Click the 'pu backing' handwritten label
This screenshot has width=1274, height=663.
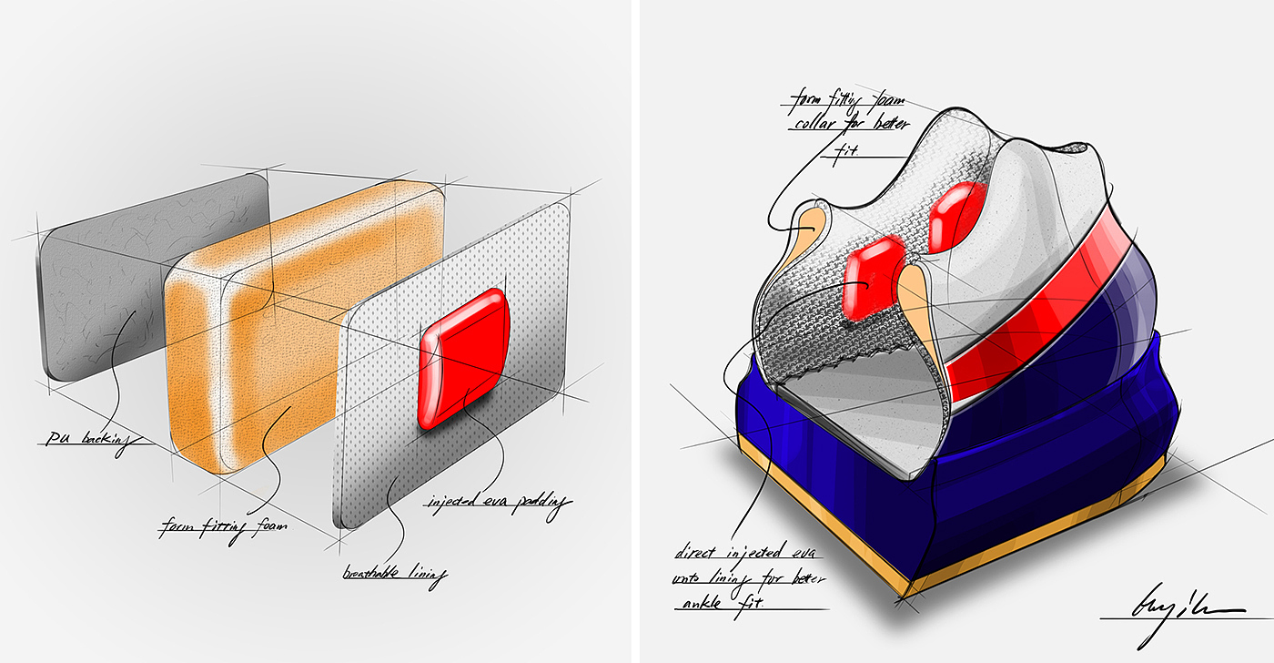coord(86,439)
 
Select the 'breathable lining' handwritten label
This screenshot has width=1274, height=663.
coord(397,574)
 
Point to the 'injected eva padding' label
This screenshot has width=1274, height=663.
coord(497,502)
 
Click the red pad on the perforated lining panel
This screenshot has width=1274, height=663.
coord(463,357)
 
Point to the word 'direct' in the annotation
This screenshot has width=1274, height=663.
coord(700,552)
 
